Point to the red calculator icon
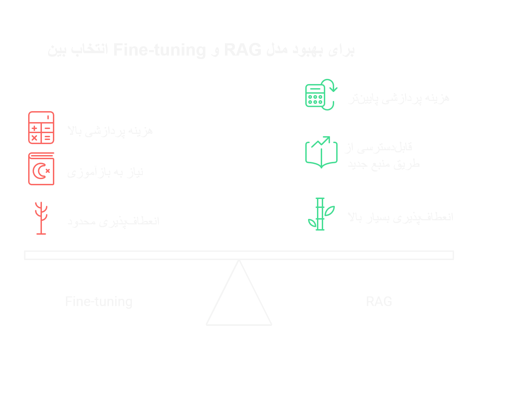41,127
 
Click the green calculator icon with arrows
320,95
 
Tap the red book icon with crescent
41,169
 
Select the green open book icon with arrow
321,152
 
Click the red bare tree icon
41,218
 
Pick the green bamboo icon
321,214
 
